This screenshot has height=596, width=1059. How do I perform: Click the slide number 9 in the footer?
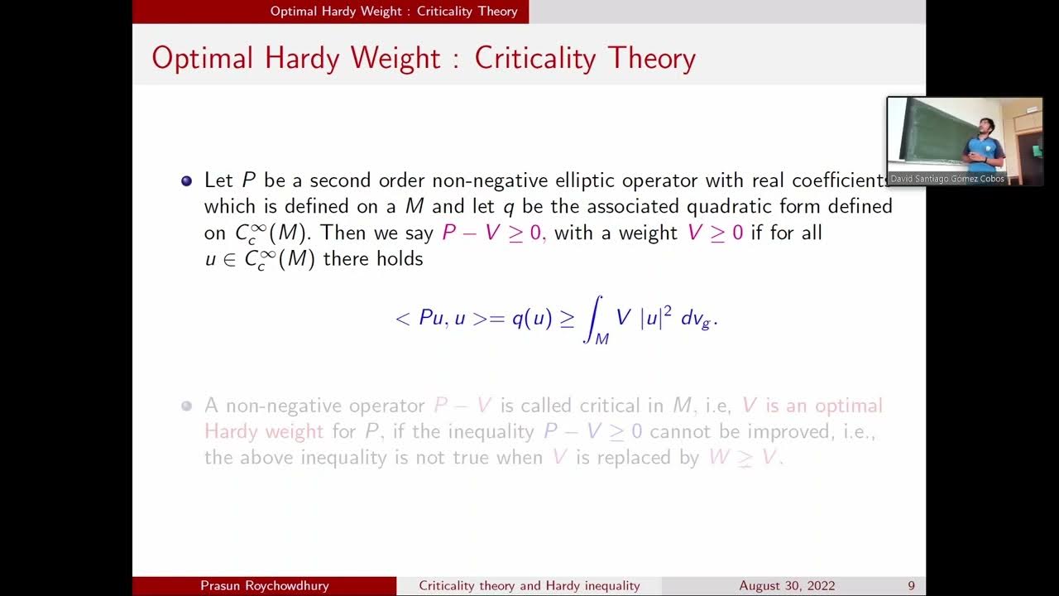click(911, 586)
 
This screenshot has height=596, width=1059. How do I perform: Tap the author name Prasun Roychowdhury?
click(264, 586)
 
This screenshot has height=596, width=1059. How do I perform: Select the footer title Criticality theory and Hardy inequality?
click(529, 586)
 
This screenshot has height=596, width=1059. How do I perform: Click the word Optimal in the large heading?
click(214, 58)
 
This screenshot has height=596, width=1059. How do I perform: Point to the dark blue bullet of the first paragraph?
click(186, 180)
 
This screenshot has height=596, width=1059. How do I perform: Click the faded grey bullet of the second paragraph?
click(186, 406)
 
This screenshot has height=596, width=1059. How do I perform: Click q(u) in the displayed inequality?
click(531, 318)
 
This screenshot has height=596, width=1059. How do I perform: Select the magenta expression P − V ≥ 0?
click(493, 233)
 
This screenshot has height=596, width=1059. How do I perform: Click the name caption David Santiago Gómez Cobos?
click(946, 179)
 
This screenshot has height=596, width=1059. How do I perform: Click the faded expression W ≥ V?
click(744, 457)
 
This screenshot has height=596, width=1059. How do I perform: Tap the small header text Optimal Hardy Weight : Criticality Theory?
click(394, 11)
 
